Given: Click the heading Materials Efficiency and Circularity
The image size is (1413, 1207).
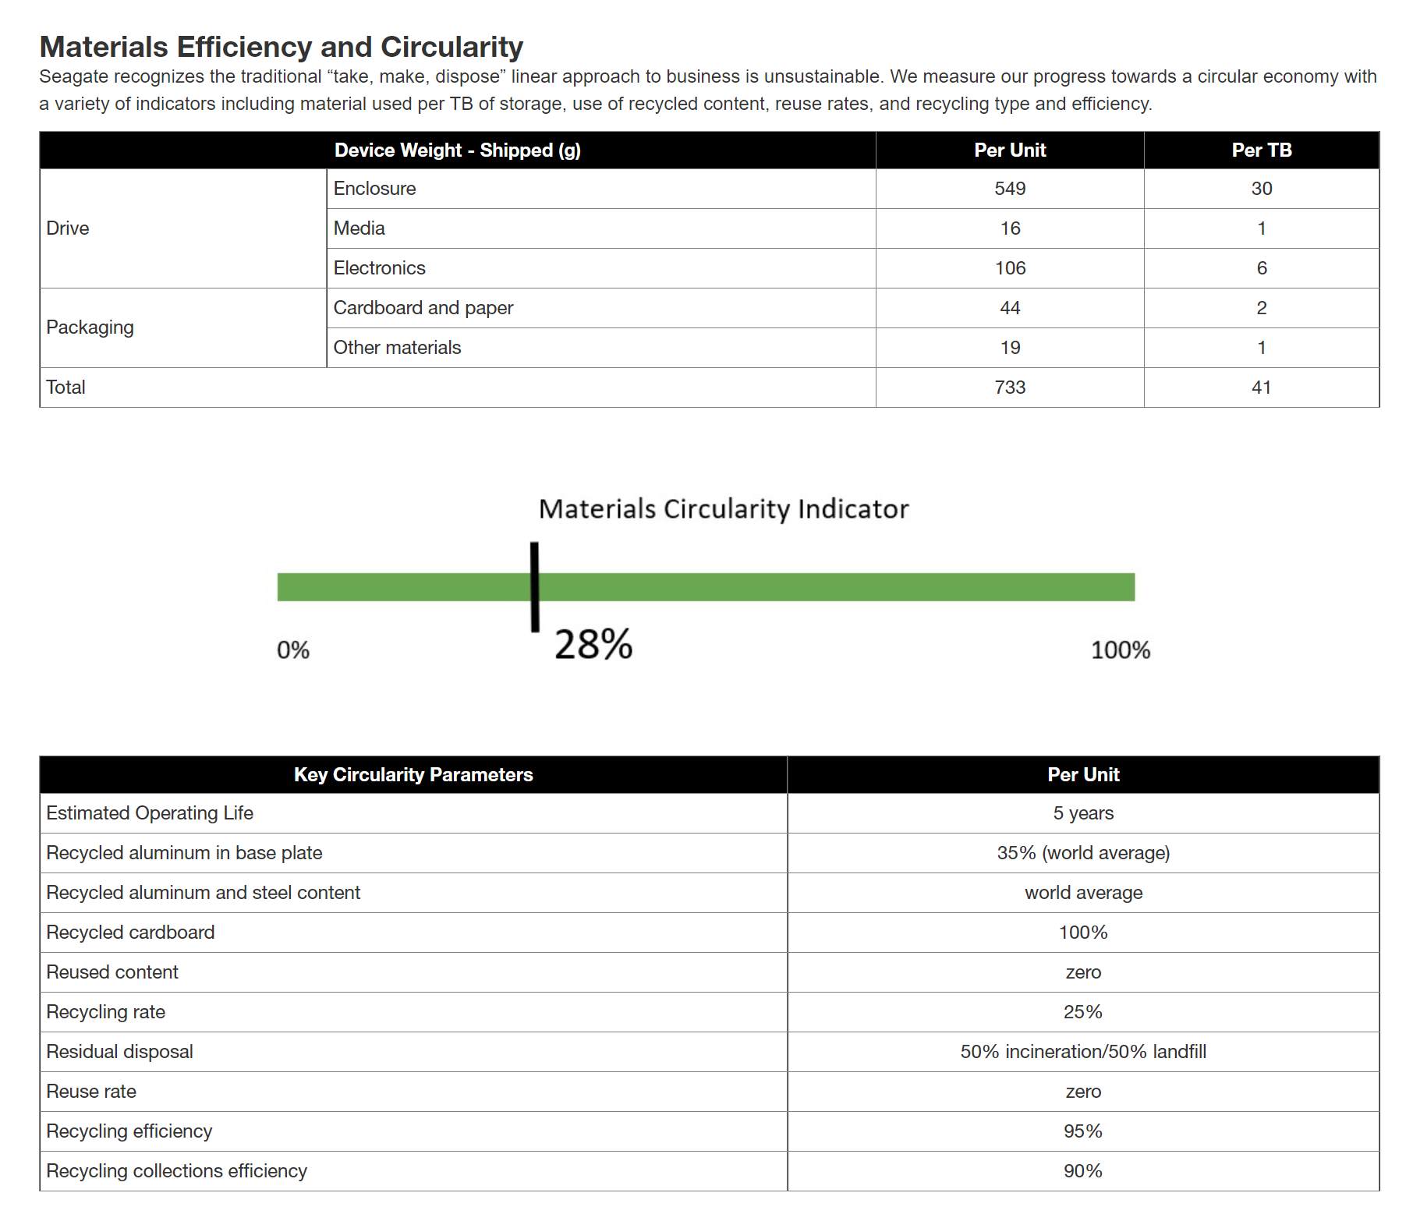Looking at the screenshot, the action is (281, 47).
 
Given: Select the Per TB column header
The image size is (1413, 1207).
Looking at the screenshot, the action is (1262, 150).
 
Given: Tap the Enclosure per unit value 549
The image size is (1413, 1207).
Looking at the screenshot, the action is (1010, 189).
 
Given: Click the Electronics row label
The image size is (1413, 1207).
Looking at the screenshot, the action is (379, 268).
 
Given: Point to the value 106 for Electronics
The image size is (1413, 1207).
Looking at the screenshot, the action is (1010, 268).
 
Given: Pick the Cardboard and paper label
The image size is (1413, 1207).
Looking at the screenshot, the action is (423, 308).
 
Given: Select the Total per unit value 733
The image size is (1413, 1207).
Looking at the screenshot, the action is (1010, 388).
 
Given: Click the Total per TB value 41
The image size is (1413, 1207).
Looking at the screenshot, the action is (1262, 388).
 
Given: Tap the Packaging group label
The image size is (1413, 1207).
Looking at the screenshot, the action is (90, 327).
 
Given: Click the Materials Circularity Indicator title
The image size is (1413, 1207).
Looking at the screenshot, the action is (724, 509).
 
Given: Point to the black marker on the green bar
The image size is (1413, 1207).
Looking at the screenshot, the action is (535, 586).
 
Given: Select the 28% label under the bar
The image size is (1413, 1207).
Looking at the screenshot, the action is (593, 645).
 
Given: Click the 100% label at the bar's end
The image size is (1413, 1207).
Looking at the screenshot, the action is (1121, 650).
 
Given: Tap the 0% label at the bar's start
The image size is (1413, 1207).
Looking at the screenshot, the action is (293, 650).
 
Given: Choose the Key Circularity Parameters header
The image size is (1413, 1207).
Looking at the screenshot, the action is (413, 775).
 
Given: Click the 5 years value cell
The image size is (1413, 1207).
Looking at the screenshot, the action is (1083, 813).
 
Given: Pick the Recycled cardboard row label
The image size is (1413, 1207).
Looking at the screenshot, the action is (130, 933).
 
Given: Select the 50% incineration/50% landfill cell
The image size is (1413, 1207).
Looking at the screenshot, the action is (1083, 1052).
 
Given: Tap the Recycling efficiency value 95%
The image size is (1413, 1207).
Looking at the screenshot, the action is (1083, 1131).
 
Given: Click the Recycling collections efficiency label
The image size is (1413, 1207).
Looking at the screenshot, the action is (176, 1171).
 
